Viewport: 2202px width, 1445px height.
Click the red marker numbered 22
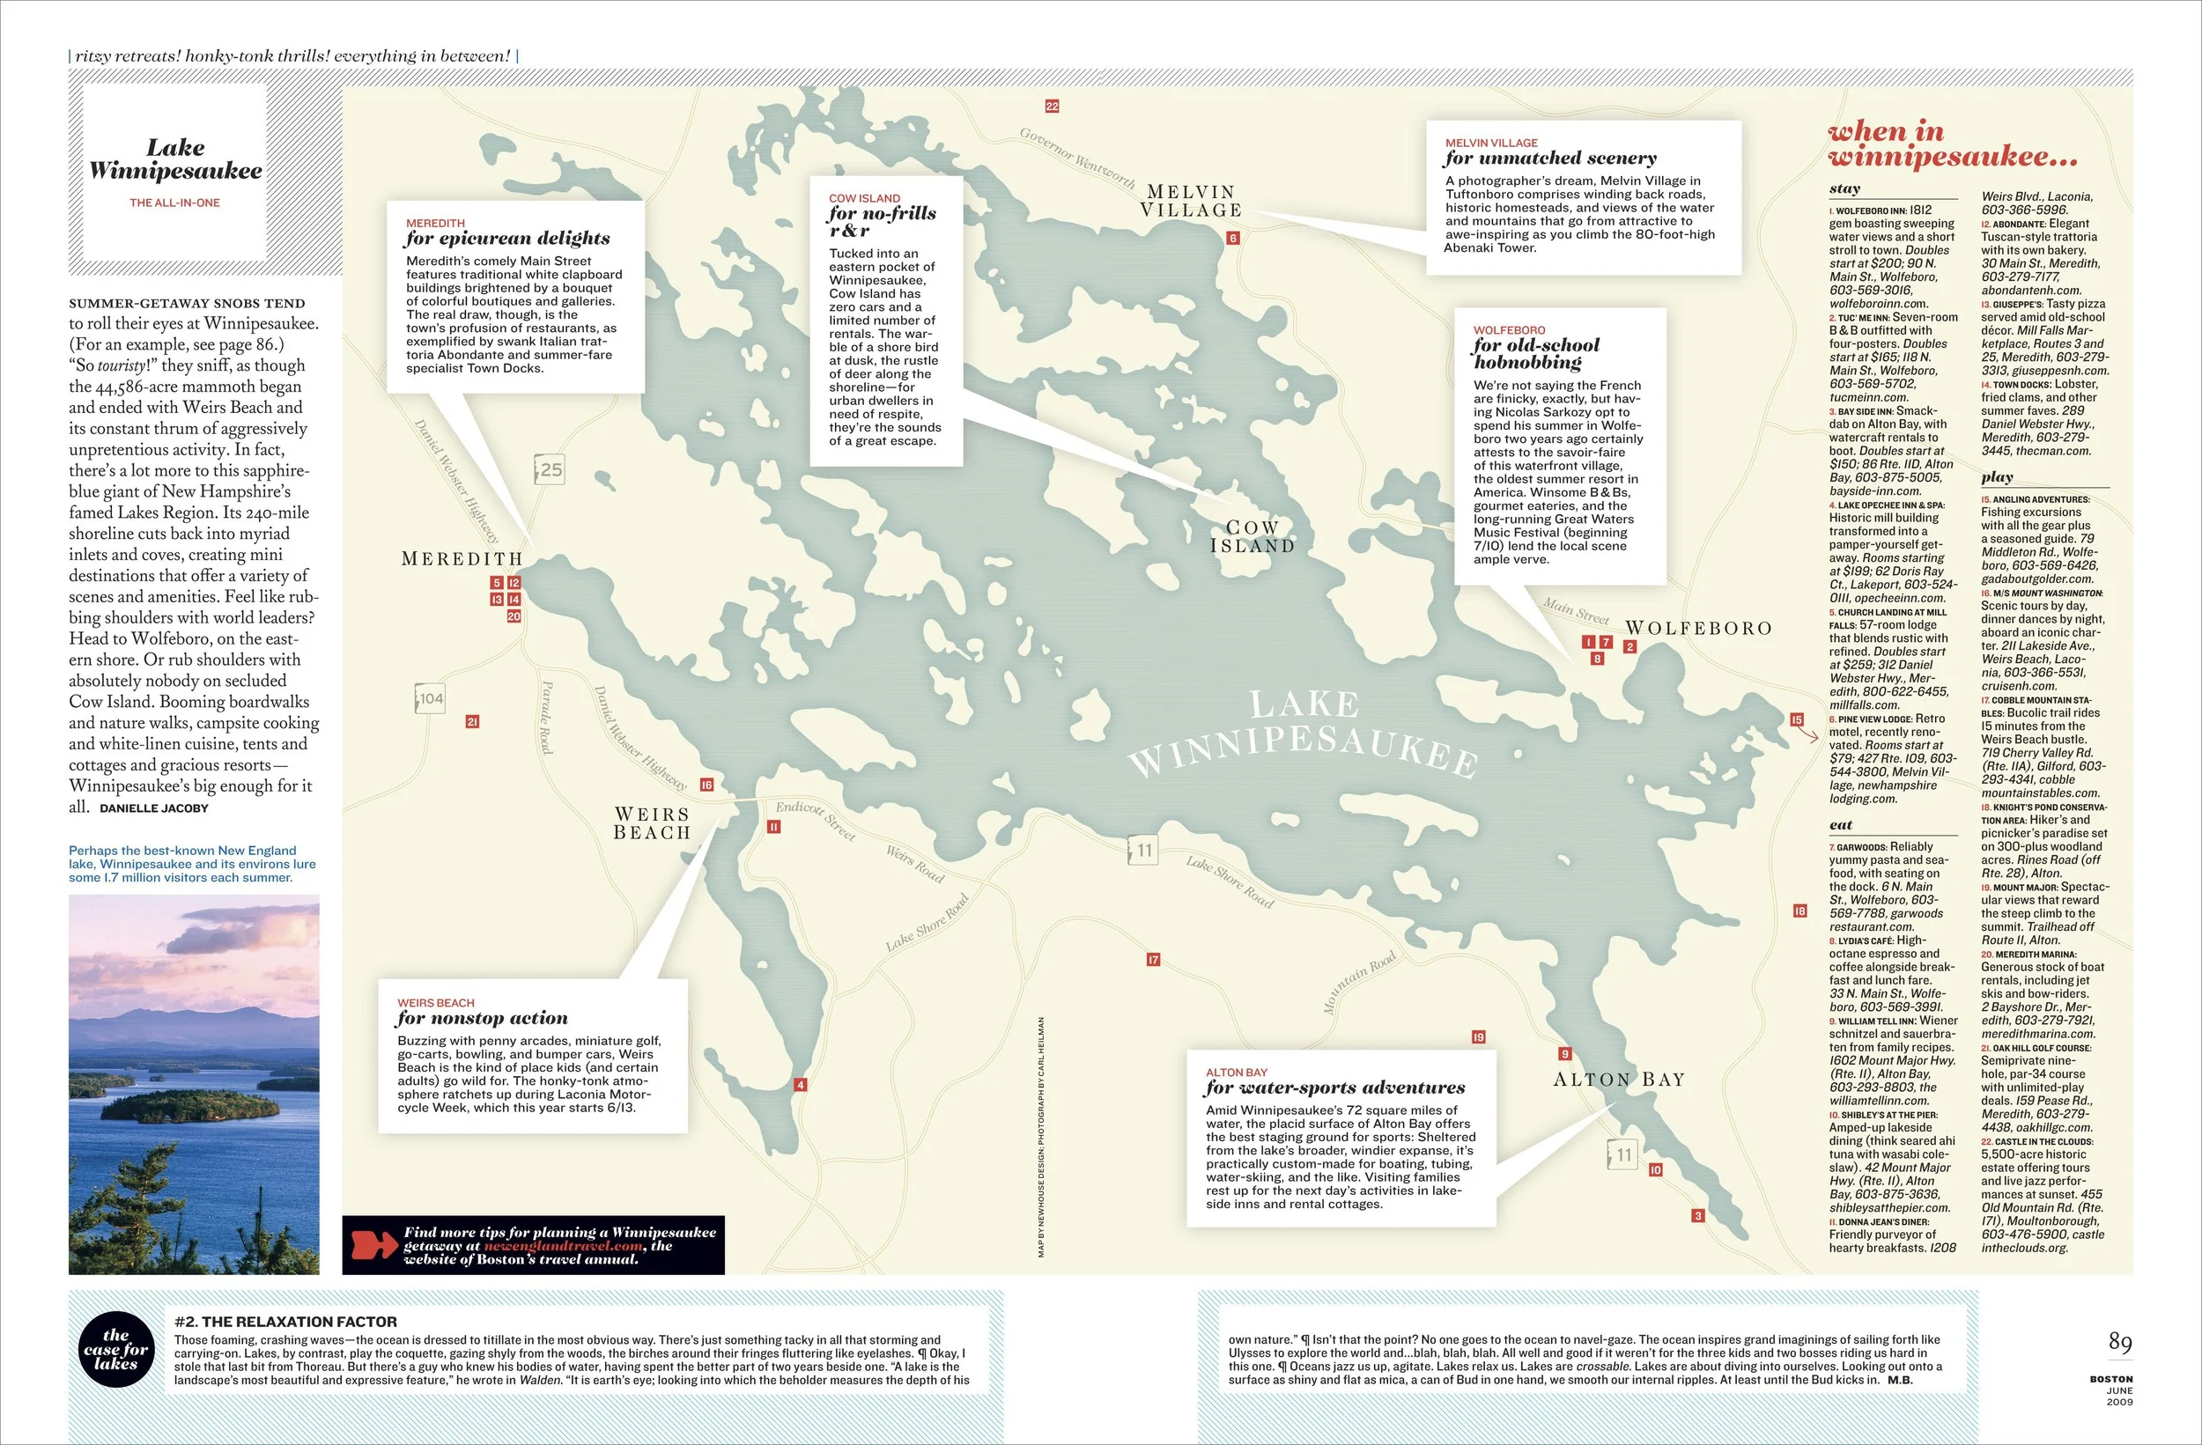pos(1052,107)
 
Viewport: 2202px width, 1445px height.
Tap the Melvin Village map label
pos(1191,201)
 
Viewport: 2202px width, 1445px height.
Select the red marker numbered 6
pos(1232,239)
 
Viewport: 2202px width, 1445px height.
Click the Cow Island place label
pos(1252,536)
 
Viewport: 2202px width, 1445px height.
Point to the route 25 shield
pos(550,469)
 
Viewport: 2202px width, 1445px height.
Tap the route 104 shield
pos(430,698)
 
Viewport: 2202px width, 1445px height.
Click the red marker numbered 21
pos(472,721)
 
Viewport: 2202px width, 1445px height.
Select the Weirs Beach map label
pos(653,823)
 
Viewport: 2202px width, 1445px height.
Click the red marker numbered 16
pos(707,785)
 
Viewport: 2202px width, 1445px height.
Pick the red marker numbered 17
pos(1153,959)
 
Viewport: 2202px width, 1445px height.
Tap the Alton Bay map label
pos(1619,1080)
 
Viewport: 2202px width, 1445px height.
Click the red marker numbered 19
pos(1479,1037)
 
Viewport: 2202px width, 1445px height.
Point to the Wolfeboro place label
pos(1699,628)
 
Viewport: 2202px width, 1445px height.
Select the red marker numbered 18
pos(1799,911)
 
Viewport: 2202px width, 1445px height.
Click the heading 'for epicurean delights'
pos(507,239)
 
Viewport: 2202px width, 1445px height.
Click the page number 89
pos(2120,1341)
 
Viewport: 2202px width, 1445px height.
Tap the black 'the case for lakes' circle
pos(115,1349)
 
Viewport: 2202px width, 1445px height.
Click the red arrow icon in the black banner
pos(373,1245)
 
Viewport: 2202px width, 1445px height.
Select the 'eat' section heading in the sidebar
pos(1840,825)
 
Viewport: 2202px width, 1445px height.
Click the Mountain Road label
pos(1359,983)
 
